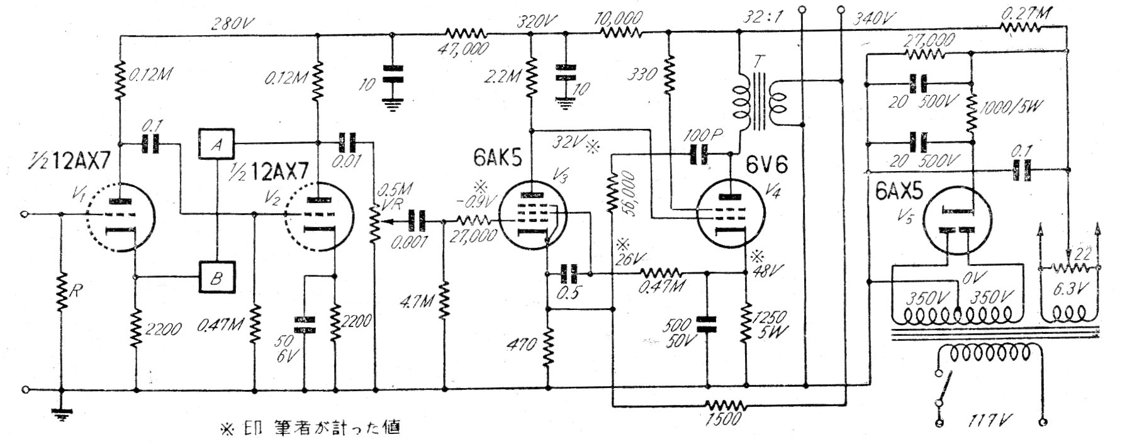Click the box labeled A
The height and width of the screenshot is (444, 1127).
point(216,144)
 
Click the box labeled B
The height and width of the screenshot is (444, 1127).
point(216,277)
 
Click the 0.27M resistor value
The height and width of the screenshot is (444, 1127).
point(1023,12)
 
